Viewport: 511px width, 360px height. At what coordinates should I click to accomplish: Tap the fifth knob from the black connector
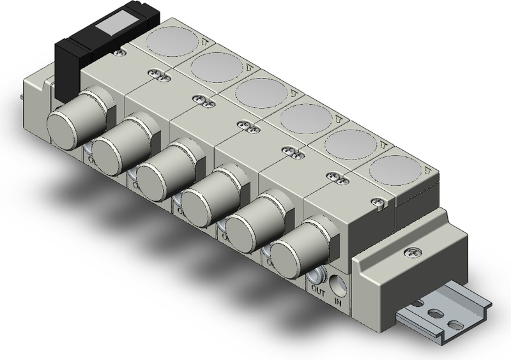[250, 220]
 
